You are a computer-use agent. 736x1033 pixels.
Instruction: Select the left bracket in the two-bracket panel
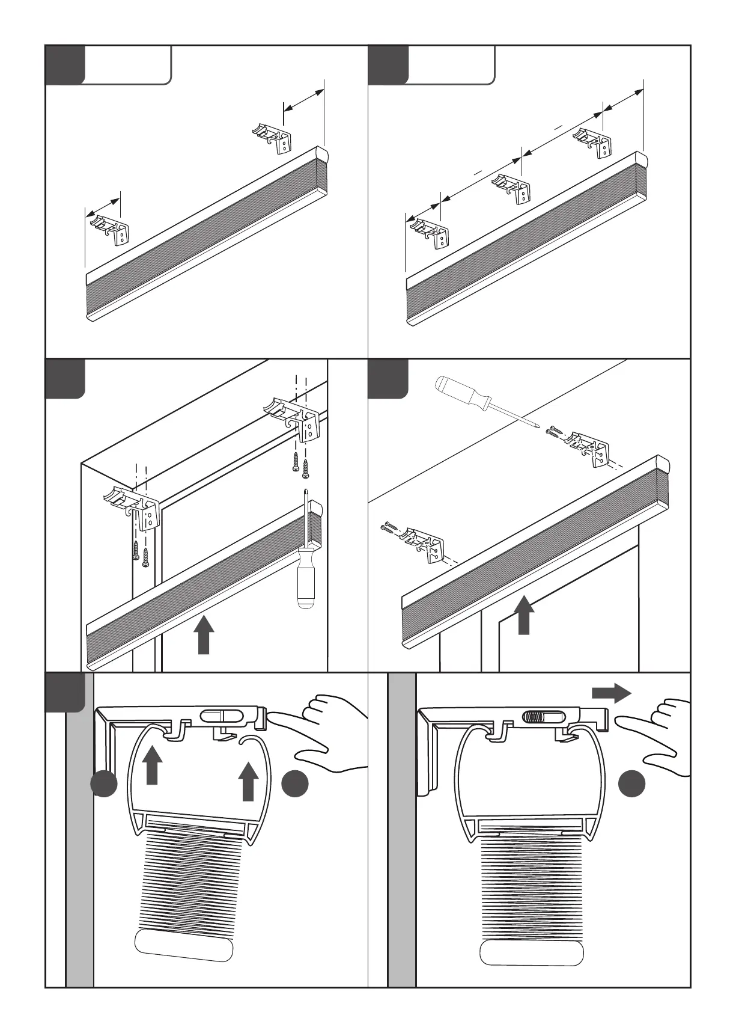click(111, 229)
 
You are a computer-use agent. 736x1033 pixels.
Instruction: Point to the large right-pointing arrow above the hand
click(611, 693)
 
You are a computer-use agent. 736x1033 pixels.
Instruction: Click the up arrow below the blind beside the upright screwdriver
click(205, 636)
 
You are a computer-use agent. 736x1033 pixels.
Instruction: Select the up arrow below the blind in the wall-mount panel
click(525, 615)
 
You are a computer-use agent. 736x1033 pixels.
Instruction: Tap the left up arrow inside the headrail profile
click(152, 764)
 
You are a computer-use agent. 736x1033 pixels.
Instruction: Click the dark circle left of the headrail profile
click(104, 783)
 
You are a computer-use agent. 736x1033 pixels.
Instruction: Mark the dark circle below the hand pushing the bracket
click(295, 783)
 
